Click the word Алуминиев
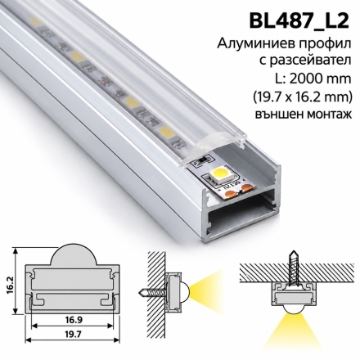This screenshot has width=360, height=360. [250, 44]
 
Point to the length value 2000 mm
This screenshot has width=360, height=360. [320, 79]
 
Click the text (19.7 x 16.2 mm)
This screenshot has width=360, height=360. [301, 97]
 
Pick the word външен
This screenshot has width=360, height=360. [277, 115]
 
